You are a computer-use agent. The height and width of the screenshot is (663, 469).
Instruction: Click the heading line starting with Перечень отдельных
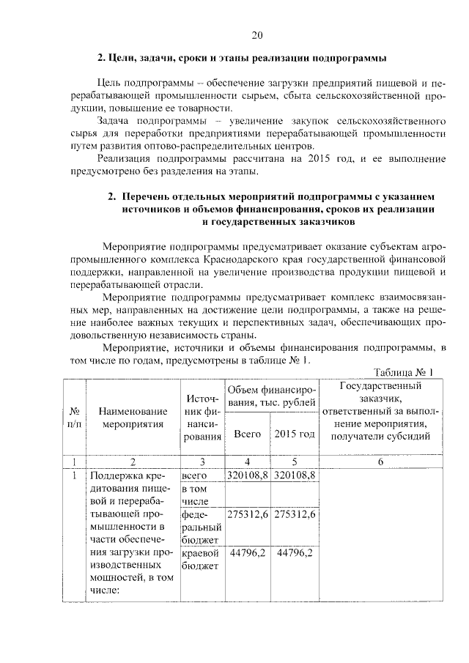pos(278,197)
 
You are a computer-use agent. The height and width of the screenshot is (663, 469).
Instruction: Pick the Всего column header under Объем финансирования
pos(247,434)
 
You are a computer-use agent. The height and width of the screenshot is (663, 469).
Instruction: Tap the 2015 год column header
pos(295,434)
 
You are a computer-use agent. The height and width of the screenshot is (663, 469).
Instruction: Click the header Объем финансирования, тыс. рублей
pos(271,395)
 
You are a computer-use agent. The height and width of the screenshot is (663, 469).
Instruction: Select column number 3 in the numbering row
pos(202,462)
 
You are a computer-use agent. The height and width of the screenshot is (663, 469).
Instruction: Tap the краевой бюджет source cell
pos(201,559)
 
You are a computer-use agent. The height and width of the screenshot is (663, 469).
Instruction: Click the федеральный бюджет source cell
pos(201,527)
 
